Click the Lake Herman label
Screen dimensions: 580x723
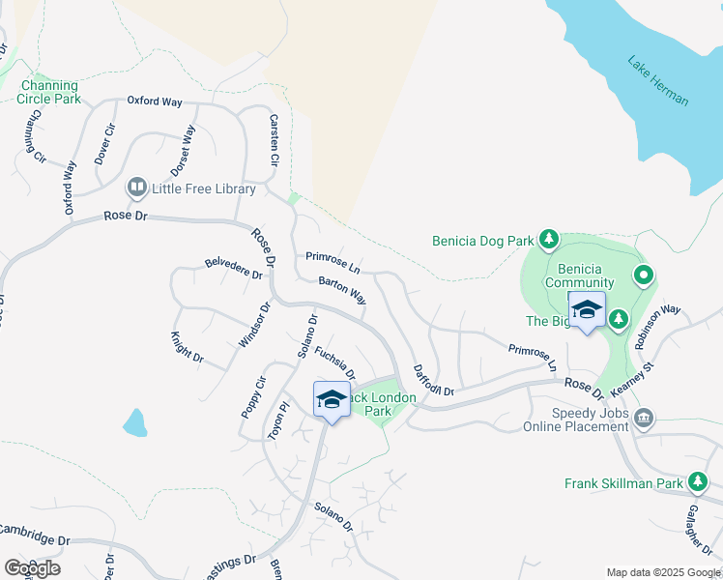[x=658, y=81]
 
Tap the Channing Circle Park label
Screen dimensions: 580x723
[x=49, y=92]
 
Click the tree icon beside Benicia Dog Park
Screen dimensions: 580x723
[x=548, y=239]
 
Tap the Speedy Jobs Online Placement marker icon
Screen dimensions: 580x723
[x=645, y=419]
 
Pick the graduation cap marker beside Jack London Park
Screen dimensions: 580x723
[x=331, y=399]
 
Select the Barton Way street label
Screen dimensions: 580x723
[x=343, y=290]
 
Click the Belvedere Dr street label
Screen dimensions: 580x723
[x=233, y=268]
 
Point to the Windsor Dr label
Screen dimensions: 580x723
[x=252, y=326]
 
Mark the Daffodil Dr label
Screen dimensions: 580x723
[x=433, y=380]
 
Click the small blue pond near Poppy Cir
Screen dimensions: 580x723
[x=135, y=422]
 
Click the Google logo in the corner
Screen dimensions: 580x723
[x=32, y=567]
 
